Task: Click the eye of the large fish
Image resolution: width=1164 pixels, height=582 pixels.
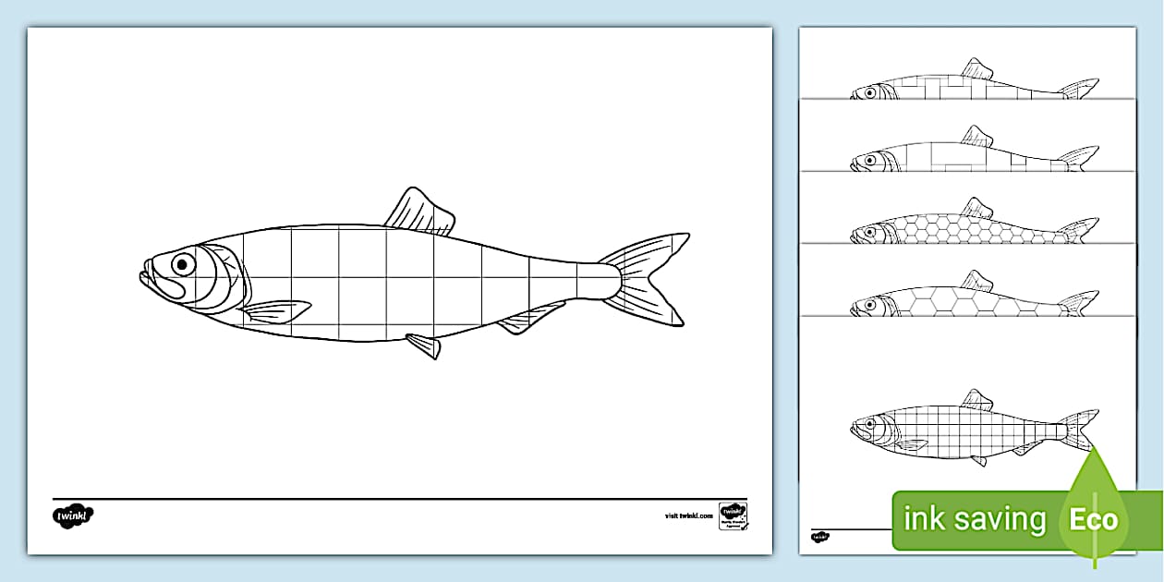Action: (x=182, y=265)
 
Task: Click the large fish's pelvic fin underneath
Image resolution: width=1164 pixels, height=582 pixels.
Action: (x=424, y=346)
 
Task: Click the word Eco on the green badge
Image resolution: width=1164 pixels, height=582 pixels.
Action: (x=1094, y=519)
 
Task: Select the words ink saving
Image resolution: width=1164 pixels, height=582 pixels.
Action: (x=974, y=519)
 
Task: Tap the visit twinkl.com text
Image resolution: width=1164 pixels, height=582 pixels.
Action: (x=689, y=515)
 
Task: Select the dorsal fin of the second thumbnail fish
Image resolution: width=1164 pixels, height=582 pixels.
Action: (x=976, y=136)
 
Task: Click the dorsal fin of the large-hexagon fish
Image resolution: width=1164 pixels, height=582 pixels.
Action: (x=976, y=281)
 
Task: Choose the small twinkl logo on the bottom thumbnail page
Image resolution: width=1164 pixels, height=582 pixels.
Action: (x=820, y=536)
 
